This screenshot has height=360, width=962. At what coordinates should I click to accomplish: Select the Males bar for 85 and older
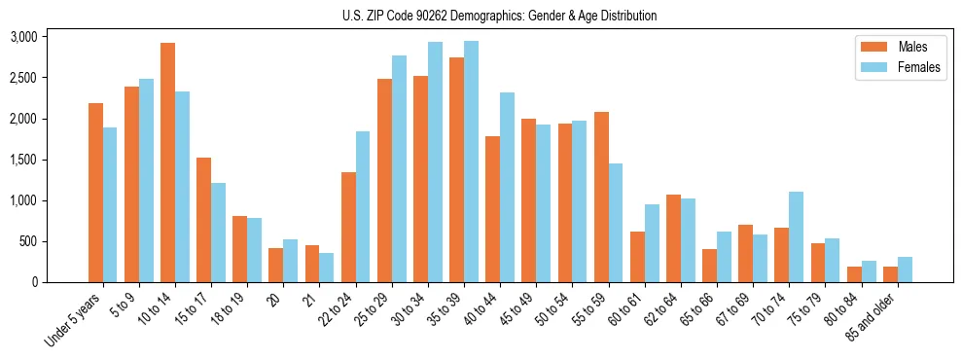click(890, 274)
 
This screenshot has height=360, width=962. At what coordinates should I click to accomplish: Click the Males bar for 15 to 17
click(204, 220)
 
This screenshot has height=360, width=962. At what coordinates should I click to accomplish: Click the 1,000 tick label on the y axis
click(23, 200)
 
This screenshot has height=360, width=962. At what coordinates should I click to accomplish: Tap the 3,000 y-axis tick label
click(23, 37)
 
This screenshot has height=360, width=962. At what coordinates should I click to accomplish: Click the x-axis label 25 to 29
click(373, 307)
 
